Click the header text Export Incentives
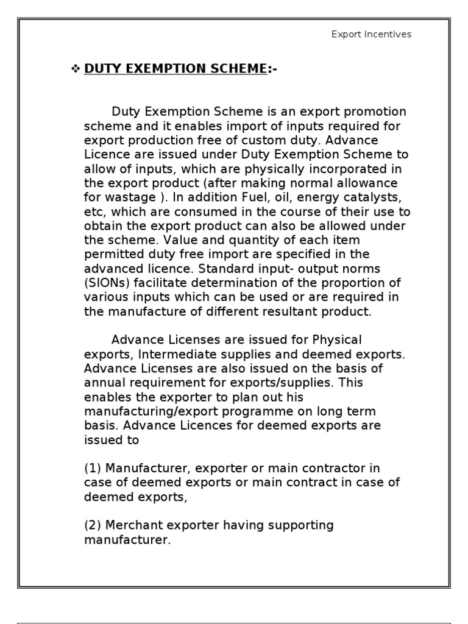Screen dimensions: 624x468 click(x=371, y=34)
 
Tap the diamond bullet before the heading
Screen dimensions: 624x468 click(x=76, y=69)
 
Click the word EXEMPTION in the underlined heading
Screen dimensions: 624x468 click(x=157, y=69)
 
